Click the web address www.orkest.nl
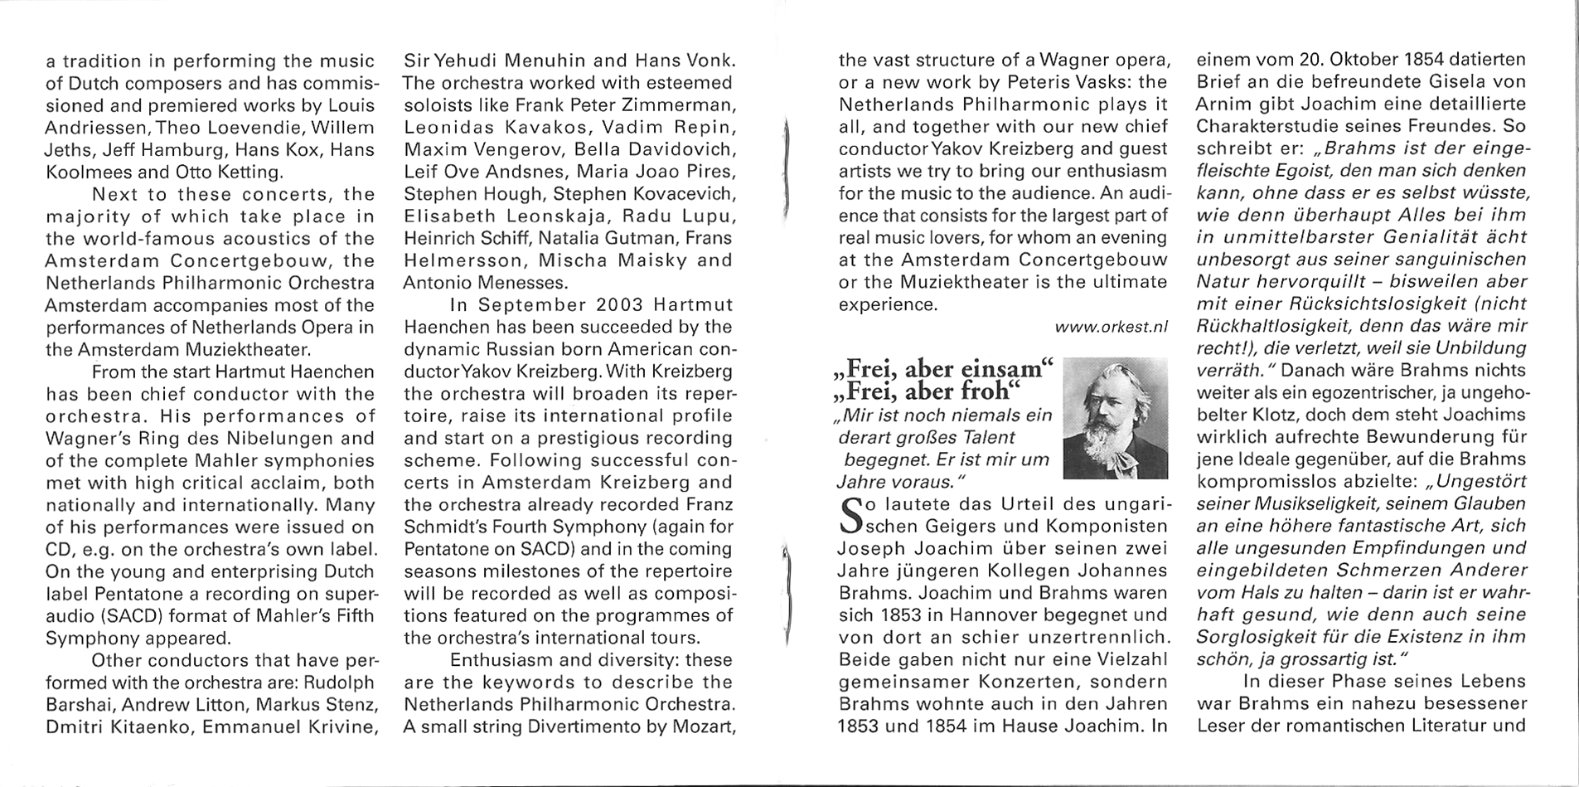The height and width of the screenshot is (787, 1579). (1111, 328)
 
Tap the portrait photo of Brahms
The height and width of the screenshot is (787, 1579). (1114, 417)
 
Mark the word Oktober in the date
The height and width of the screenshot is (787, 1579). (1355, 61)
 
